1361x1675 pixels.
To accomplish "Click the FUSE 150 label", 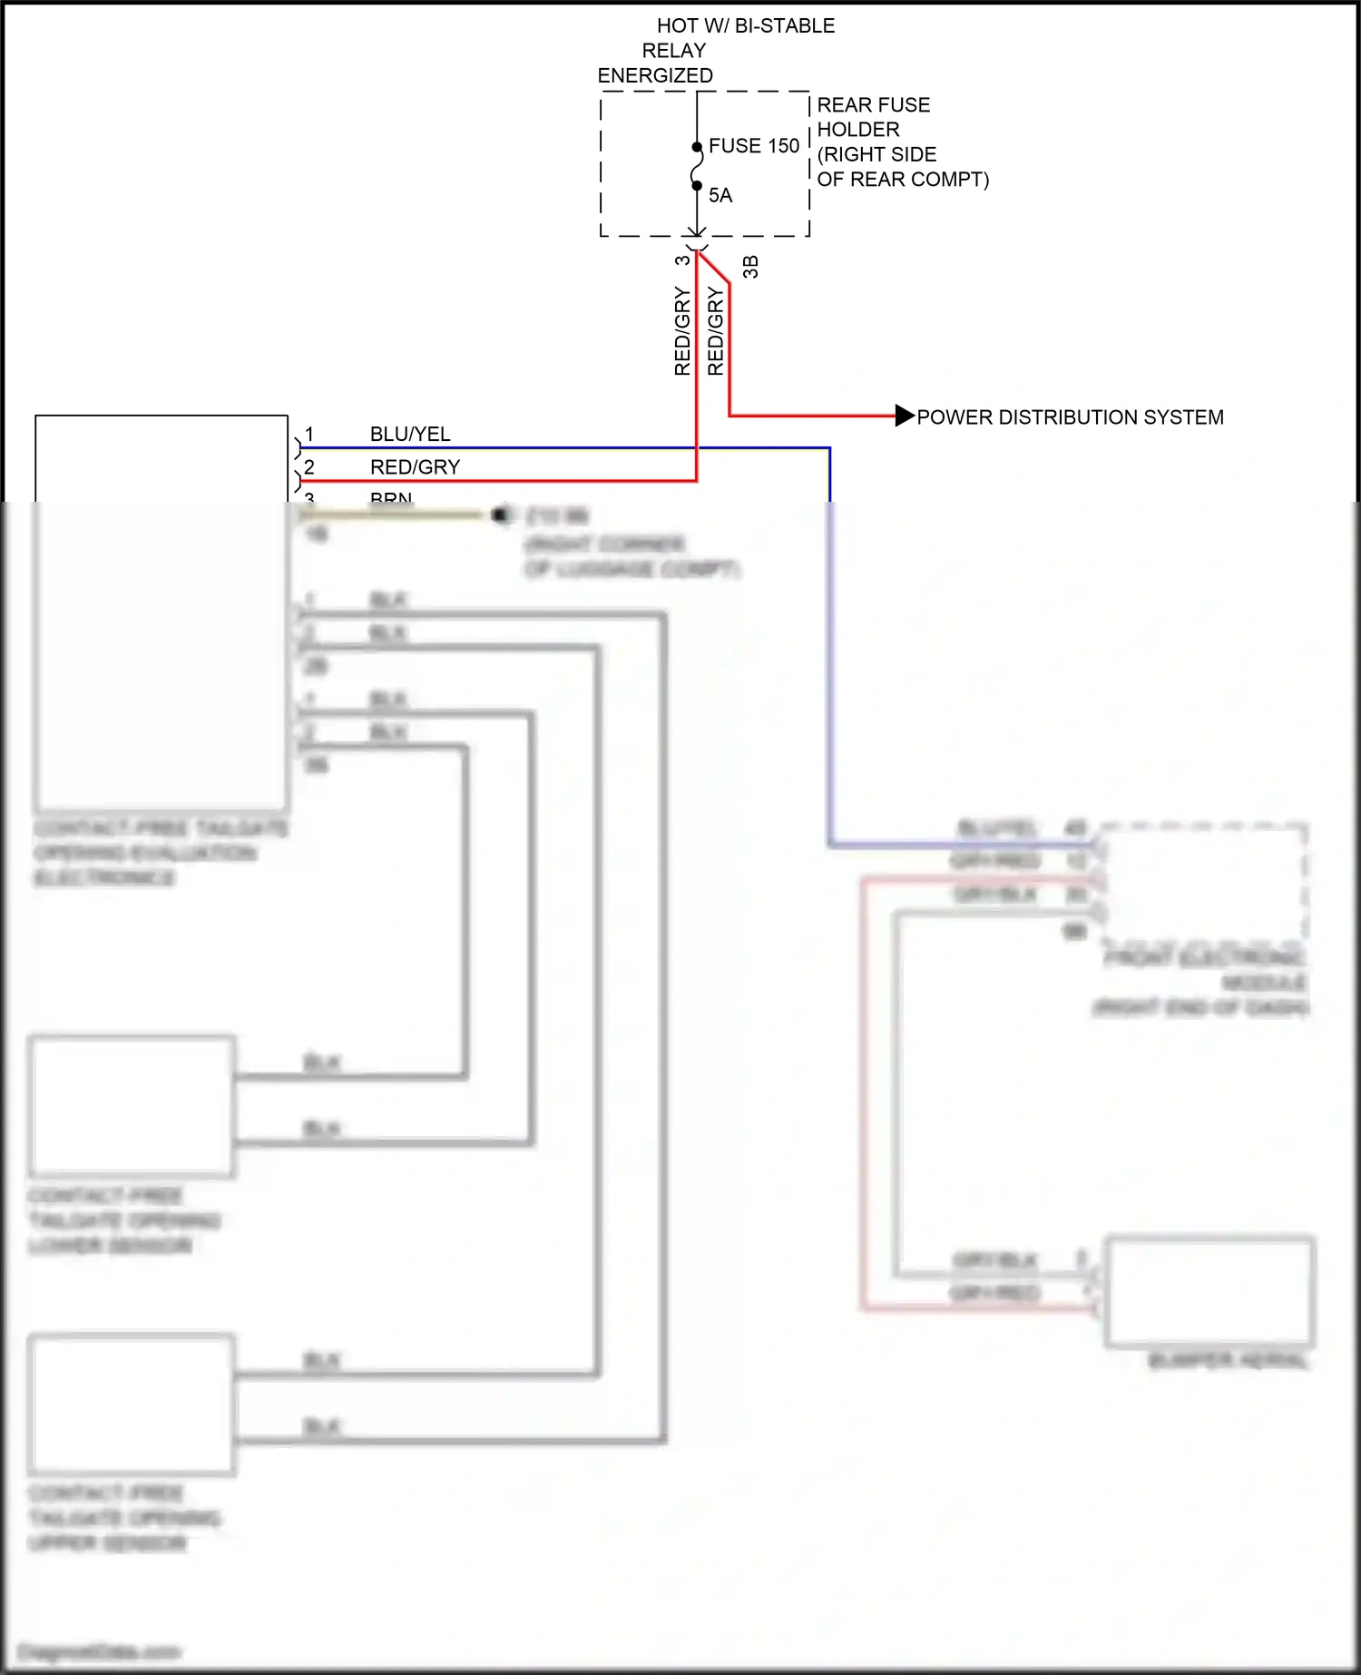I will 753,146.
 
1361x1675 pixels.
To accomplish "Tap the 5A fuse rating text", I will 720,195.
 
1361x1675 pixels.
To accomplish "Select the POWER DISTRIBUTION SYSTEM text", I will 1070,417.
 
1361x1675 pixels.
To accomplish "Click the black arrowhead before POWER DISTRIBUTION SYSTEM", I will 905,416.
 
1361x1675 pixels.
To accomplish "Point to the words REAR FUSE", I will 873,105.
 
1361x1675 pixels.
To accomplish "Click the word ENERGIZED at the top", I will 655,75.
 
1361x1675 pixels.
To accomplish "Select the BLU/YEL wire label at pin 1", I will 410,434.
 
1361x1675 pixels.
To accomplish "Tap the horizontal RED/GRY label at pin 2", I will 415,466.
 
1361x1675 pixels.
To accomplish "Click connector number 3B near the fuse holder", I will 750,266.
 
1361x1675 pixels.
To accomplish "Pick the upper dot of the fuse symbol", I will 697,147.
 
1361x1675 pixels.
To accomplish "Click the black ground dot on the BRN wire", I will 499,515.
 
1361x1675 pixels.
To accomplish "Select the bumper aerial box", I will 1209,1290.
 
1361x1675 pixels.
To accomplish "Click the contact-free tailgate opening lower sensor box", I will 132,1106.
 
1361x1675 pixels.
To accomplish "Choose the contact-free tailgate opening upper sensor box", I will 132,1404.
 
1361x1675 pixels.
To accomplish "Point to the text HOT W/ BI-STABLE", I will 746,25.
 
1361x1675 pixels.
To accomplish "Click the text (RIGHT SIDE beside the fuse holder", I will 876,154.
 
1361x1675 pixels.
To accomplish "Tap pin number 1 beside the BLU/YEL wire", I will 309,434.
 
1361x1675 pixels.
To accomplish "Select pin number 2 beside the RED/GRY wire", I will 309,466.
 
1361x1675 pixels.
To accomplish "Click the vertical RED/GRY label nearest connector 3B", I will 716,331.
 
